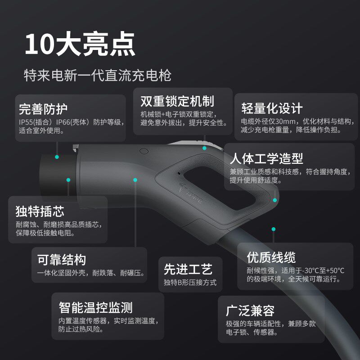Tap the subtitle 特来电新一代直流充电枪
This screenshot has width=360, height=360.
[97, 75]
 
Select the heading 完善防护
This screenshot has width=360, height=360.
[43, 109]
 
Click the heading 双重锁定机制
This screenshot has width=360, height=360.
[177, 101]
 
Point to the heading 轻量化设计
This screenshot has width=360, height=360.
[272, 108]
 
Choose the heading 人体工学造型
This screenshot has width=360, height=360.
[266, 158]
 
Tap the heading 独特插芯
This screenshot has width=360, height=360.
[40, 211]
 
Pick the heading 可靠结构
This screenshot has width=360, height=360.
[62, 260]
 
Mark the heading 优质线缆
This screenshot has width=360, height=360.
[271, 257]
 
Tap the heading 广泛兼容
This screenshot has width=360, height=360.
[250, 310]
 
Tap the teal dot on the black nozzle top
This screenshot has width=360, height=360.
[57, 157]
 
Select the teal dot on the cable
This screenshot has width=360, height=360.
[273, 229]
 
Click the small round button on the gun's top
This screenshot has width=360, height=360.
[144, 152]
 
